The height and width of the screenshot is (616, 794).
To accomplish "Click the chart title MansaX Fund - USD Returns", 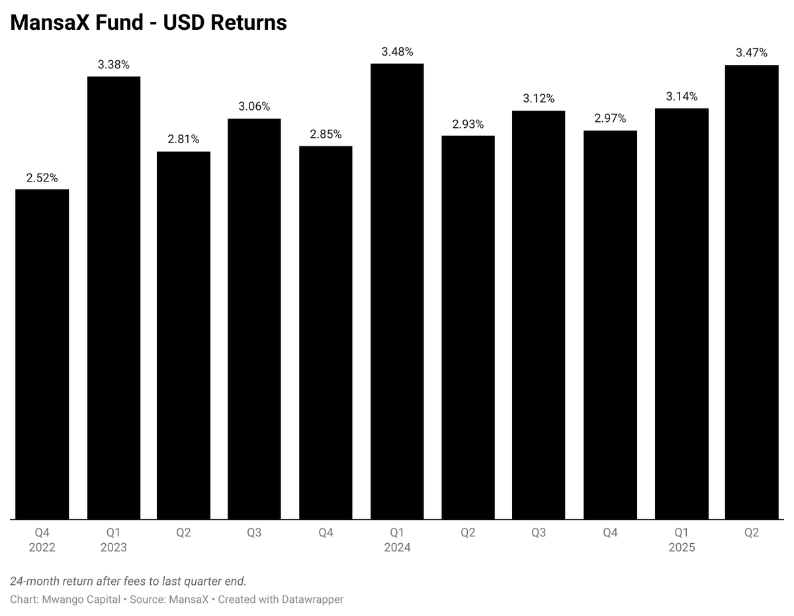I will point(148,23).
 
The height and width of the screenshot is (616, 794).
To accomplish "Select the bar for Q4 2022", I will point(42,354).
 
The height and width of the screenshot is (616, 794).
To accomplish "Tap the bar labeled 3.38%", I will point(113,298).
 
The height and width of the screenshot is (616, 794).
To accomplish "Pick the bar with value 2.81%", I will point(183,335).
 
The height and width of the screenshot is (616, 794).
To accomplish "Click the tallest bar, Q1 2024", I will point(397,291).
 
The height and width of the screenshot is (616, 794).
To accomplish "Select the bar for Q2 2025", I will point(752,292).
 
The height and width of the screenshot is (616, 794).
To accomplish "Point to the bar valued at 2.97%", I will point(610,325).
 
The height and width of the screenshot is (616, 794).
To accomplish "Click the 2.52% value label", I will point(42,178).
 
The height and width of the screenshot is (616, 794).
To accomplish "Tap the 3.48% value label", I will point(397,52).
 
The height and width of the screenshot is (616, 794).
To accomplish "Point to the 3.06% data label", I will point(254,107).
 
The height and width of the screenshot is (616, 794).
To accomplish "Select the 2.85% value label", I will point(326,134).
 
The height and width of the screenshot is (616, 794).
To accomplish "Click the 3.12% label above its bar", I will point(539,99).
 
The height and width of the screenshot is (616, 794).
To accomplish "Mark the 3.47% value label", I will point(752,53).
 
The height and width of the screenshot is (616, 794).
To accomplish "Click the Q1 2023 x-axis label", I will point(113,540).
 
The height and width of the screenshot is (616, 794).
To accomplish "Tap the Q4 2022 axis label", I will point(42,540).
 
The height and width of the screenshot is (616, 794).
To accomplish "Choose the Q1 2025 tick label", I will point(682,540).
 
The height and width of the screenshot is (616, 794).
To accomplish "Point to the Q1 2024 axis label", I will point(397,540).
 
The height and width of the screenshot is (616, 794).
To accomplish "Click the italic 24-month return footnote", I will point(128,582).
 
